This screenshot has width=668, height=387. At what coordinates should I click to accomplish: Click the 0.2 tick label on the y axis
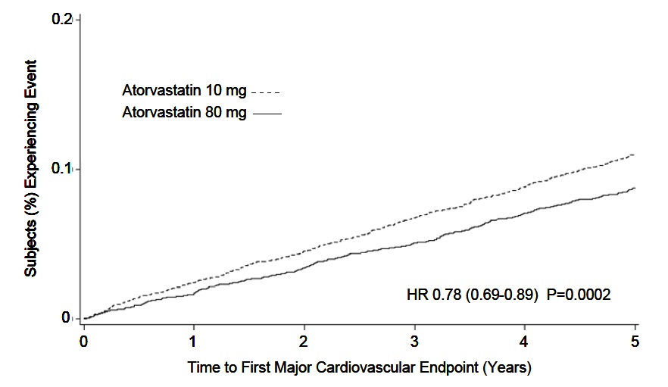coord(61,19)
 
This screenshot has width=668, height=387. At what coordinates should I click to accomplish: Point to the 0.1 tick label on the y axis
coord(61,168)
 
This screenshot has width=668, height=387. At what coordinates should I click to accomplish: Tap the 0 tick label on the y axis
coord(67,318)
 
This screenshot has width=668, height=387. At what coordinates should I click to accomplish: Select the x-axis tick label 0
coord(83,340)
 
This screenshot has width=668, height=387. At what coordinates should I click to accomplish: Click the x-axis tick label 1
coord(194,340)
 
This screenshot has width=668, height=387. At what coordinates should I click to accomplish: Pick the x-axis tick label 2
coord(304,340)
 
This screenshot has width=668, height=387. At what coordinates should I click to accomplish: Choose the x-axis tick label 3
coord(414,340)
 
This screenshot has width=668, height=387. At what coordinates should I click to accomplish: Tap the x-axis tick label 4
coord(525,340)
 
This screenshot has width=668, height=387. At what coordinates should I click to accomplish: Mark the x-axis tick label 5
coord(635,340)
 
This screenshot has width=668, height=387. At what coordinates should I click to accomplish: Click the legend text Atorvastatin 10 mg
coord(184,91)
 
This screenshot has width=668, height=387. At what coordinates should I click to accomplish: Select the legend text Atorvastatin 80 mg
coord(184,113)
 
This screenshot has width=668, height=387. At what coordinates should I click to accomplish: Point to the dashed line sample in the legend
coord(266,92)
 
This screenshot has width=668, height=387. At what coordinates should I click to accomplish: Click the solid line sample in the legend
coord(266,114)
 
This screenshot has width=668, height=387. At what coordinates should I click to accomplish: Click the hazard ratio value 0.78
coord(445,294)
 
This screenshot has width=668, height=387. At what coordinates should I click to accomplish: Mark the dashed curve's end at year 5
coord(634,154)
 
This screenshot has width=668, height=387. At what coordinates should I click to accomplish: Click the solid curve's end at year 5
coord(634,188)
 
